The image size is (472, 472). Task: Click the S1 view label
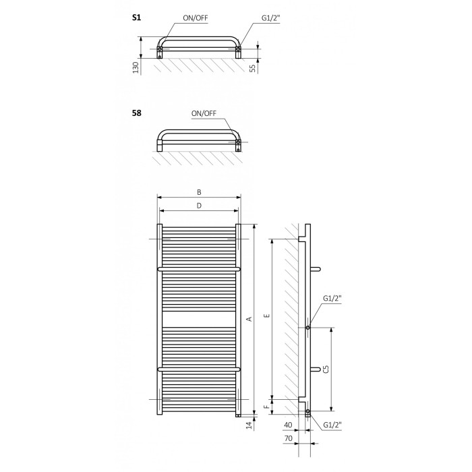click(x=137, y=18)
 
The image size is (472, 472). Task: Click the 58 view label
click(x=137, y=113)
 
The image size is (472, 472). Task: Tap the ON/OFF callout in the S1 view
click(x=196, y=18)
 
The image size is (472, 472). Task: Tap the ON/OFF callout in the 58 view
click(x=204, y=113)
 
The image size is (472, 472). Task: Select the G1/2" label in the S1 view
click(x=270, y=18)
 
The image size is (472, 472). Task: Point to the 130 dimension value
click(x=136, y=67)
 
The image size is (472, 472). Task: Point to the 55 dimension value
click(x=253, y=68)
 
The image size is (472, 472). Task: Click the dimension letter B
click(x=199, y=192)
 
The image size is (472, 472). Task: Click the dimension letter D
click(x=199, y=206)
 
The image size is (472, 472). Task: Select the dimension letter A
click(x=249, y=319)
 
